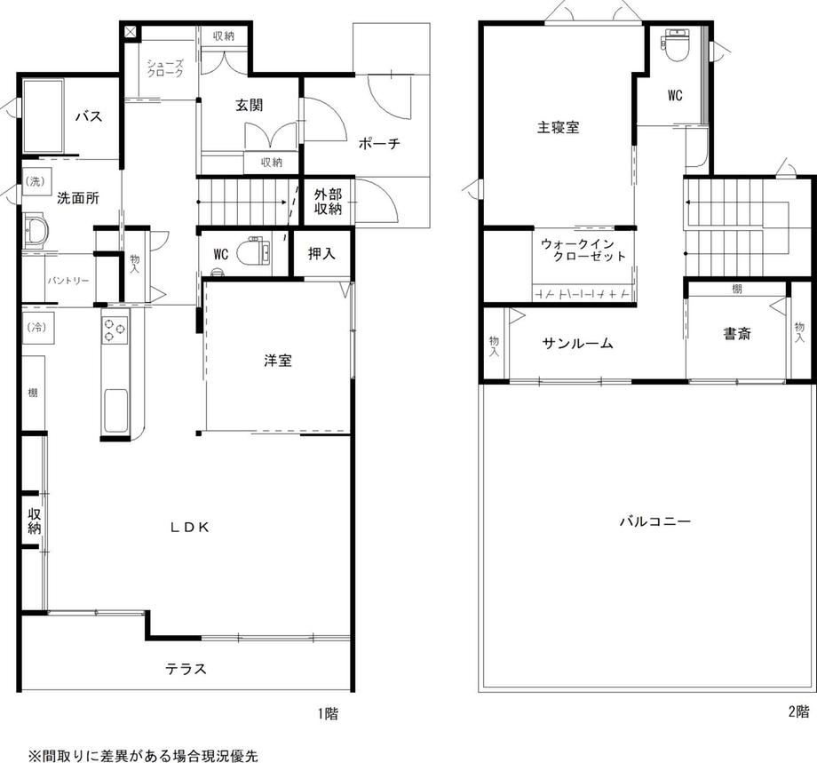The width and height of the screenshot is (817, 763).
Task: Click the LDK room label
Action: point(190,528)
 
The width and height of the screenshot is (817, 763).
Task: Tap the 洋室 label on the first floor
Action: point(278,360)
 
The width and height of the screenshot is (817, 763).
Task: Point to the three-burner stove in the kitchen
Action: point(115,330)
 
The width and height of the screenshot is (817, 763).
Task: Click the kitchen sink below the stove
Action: point(115,410)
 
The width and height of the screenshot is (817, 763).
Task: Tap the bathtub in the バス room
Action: point(44,115)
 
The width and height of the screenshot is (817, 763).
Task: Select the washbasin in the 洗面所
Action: point(36,229)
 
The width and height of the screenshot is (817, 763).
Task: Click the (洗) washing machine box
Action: point(36,181)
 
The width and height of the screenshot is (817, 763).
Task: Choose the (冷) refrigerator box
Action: point(37,328)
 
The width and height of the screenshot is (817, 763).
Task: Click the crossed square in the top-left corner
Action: point(131,32)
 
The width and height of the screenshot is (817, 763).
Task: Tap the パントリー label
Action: point(68,281)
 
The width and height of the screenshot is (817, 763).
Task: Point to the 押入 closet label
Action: point(321,254)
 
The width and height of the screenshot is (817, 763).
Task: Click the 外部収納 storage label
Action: point(329,202)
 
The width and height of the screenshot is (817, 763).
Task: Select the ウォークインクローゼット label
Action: point(583,250)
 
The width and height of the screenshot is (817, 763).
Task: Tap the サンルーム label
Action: point(577,343)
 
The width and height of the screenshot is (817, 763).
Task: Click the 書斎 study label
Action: point(737,334)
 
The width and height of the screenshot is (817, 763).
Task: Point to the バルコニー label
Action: point(655,521)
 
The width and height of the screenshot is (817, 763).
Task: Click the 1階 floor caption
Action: point(328,713)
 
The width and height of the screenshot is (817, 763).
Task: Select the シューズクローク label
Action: point(165,68)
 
